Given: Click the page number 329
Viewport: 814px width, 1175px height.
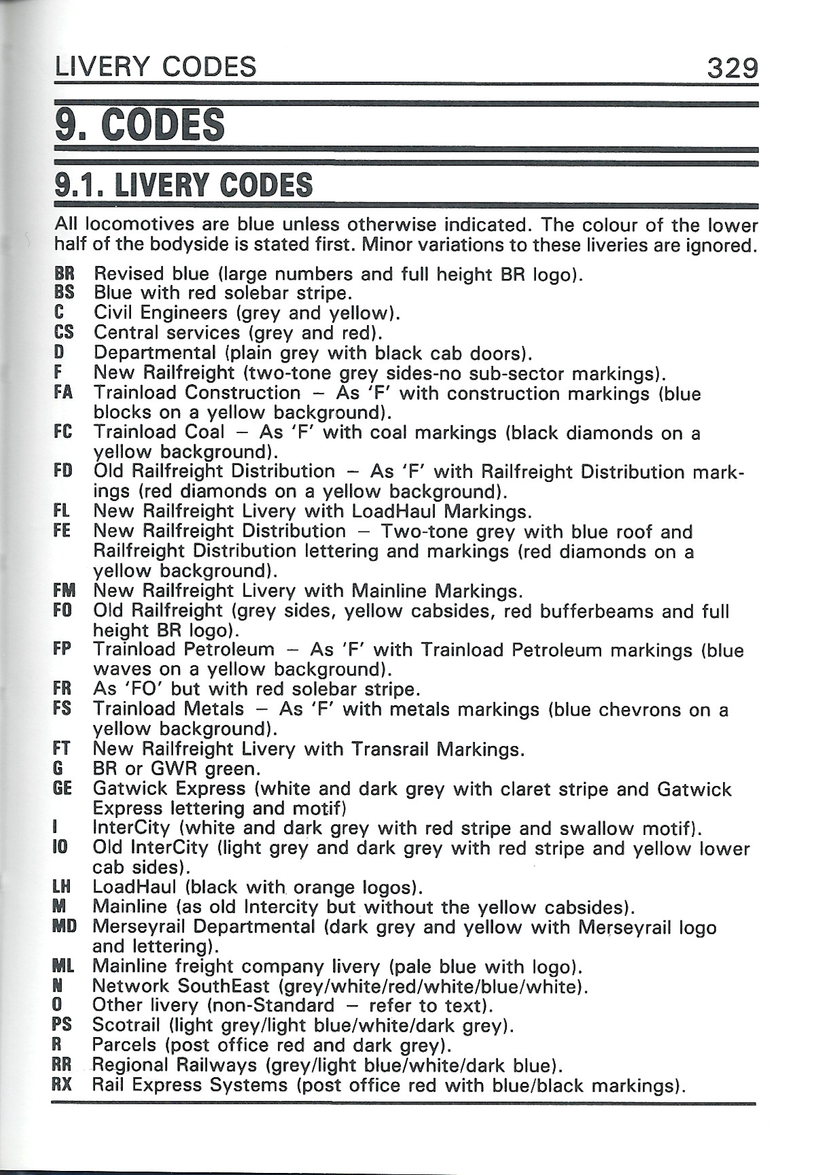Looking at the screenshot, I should [x=732, y=68].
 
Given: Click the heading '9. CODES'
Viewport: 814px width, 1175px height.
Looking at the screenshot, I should [x=140, y=125].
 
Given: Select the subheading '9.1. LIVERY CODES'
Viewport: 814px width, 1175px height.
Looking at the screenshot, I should [x=184, y=185].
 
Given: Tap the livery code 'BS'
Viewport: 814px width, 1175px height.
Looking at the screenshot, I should [x=64, y=293].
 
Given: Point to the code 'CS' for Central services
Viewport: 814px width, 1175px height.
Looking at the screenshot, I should [x=64, y=333].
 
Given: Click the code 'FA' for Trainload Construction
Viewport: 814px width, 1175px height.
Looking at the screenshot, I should [x=63, y=392].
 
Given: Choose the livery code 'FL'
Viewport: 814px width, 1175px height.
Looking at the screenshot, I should [x=62, y=510].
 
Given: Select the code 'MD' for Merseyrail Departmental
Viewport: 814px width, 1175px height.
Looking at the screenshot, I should [x=64, y=927].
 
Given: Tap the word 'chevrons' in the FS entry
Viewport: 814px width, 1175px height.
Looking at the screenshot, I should [x=638, y=710].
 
